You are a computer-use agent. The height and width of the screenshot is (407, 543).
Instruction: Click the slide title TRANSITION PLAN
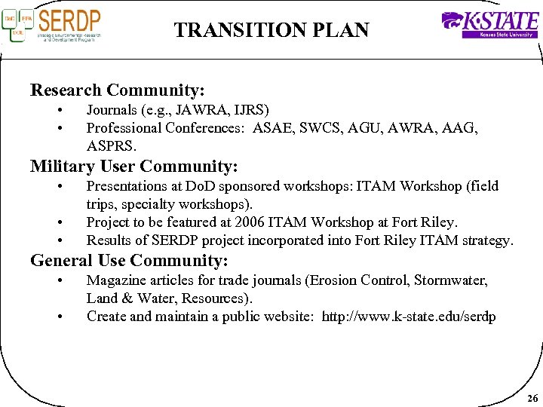[x=271, y=30]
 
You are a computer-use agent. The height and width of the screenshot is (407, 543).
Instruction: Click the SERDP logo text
[x=69, y=19]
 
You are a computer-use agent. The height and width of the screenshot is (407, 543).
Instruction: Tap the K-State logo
[x=489, y=23]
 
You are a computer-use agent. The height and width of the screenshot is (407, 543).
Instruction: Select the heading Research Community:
[x=118, y=90]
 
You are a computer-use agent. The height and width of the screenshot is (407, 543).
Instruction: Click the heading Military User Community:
[x=133, y=166]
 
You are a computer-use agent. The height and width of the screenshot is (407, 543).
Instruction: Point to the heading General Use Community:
[x=129, y=261]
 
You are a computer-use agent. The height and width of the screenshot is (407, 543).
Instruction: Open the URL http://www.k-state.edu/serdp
[x=409, y=317]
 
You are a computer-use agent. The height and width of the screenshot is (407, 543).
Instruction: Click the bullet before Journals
[x=60, y=110]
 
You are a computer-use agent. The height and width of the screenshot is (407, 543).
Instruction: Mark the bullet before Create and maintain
[x=60, y=317]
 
